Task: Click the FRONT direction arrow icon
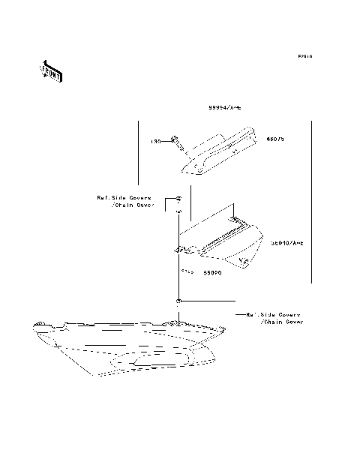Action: pos(51,71)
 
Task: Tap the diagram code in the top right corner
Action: pos(304,56)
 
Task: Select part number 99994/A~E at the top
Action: pos(225,108)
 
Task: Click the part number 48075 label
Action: pos(275,139)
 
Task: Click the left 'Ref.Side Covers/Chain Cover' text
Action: pos(124,201)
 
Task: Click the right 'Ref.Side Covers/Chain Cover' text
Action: pos(274,318)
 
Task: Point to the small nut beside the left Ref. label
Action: pos(178,199)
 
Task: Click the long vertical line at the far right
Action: pos(310,202)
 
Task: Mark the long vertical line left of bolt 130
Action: pos(137,157)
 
